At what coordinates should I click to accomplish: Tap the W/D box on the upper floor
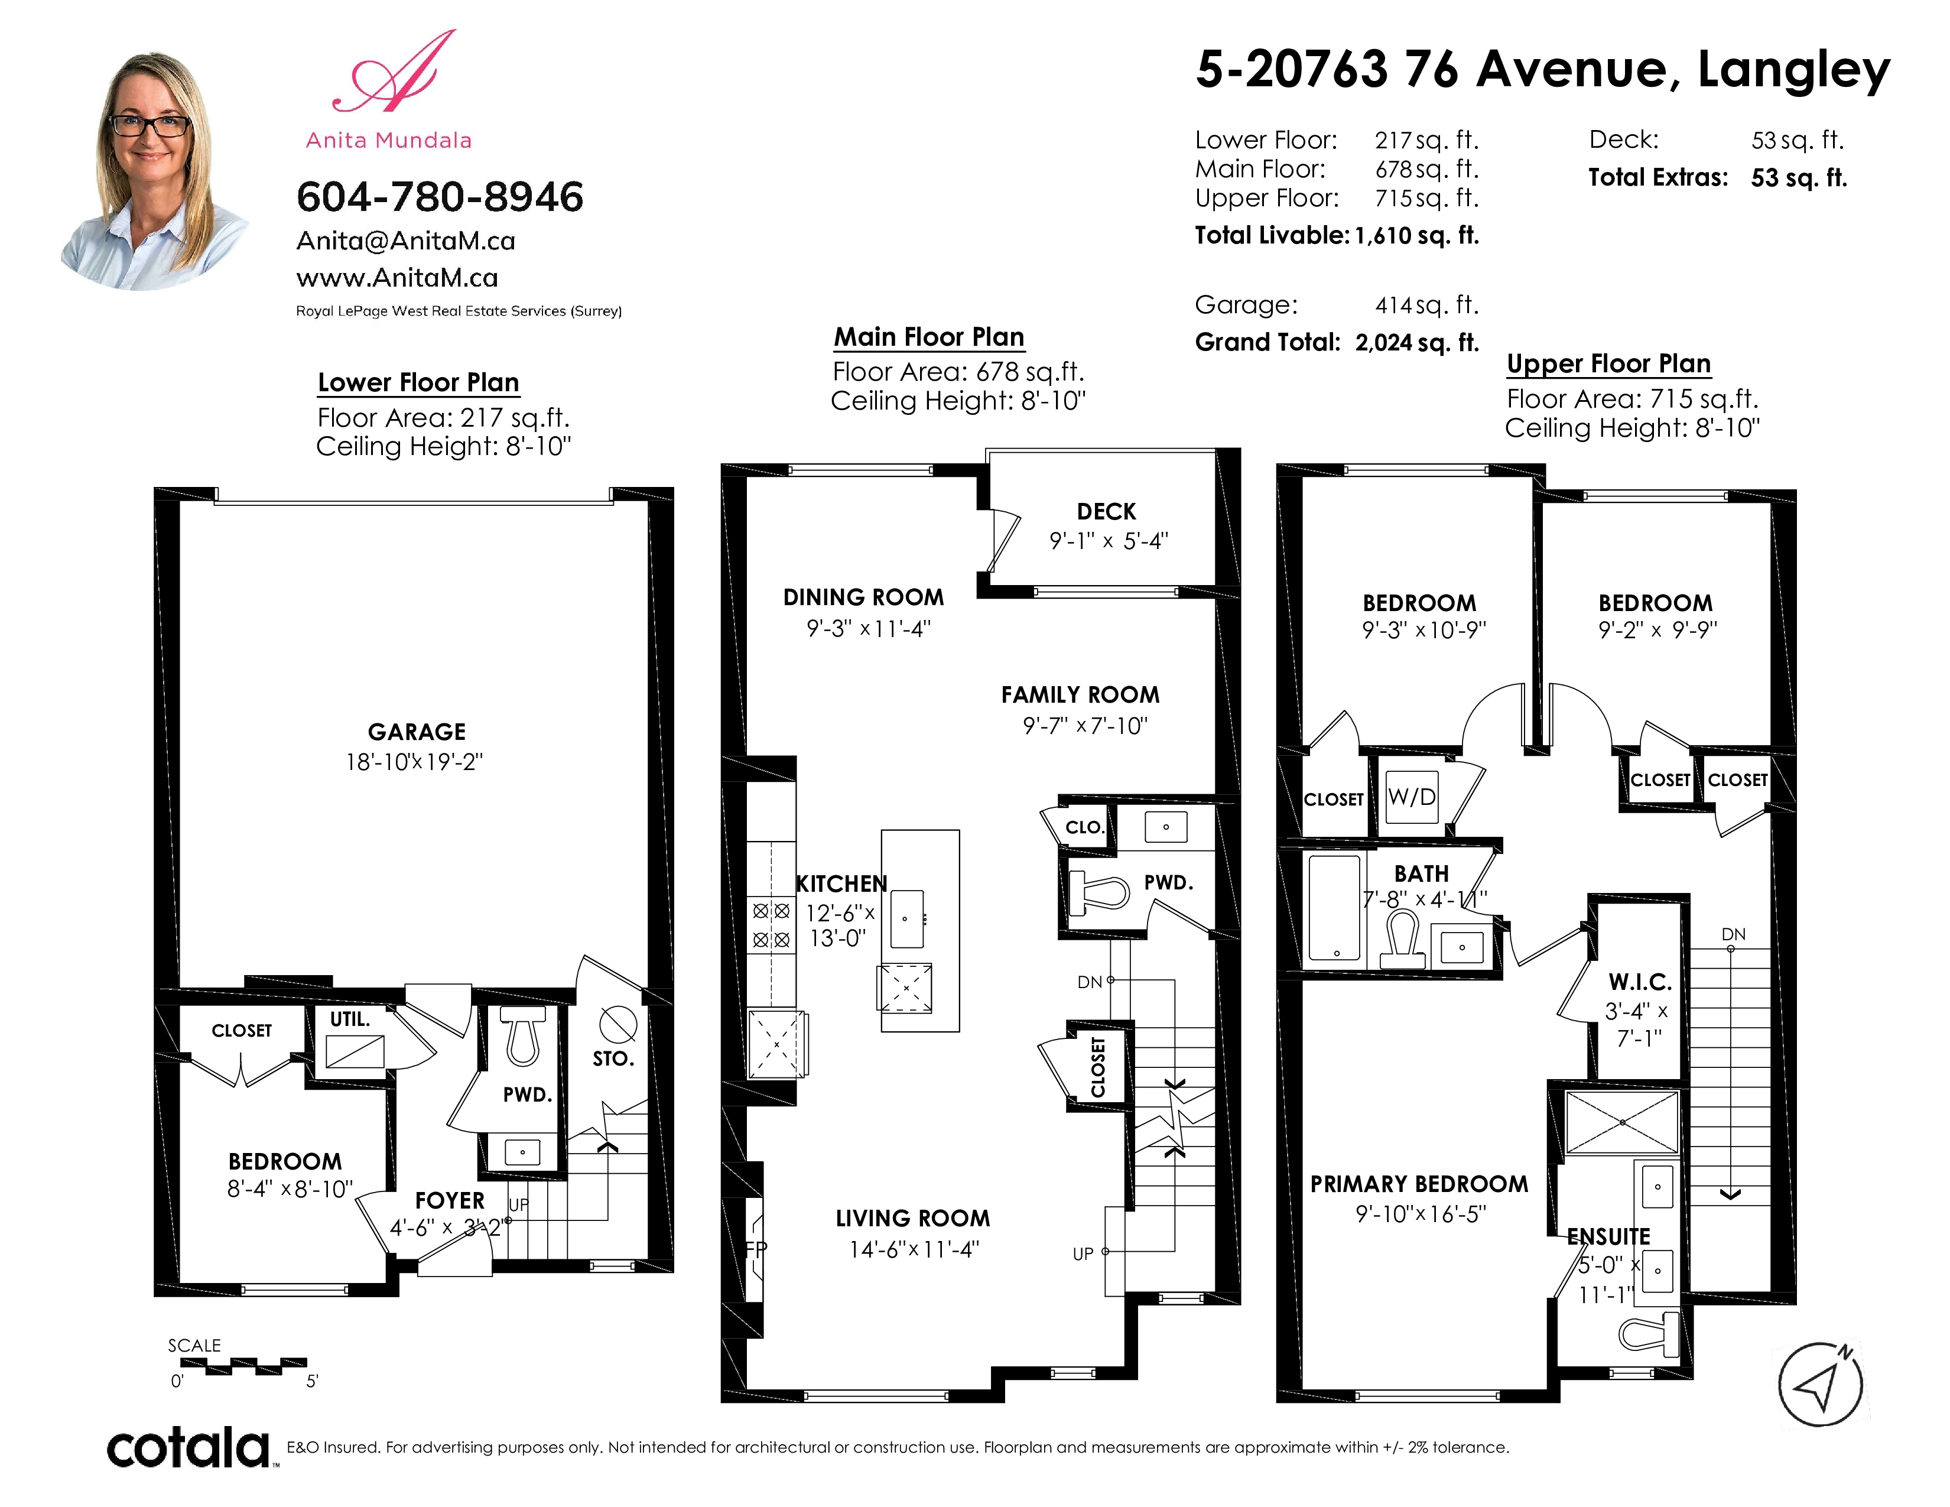pyautogui.click(x=1412, y=797)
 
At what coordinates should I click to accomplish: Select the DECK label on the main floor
pyautogui.click(x=1106, y=512)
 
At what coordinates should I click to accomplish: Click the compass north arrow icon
pyautogui.click(x=1821, y=1385)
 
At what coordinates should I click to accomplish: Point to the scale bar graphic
pyautogui.click(x=243, y=1366)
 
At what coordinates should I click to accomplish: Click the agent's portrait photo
pyautogui.click(x=152, y=170)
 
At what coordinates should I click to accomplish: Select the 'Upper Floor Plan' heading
pyautogui.click(x=1609, y=363)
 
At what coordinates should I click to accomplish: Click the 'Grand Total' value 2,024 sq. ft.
pyautogui.click(x=1417, y=343)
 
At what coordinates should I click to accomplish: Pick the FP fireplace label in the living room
pyautogui.click(x=755, y=1249)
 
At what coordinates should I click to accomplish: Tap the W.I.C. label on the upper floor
pyautogui.click(x=1640, y=982)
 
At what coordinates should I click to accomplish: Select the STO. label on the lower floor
pyautogui.click(x=613, y=1059)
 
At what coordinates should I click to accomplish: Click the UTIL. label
pyautogui.click(x=350, y=1019)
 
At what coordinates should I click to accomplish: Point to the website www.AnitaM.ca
pyautogui.click(x=397, y=278)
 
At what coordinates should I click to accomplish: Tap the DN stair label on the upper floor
pyautogui.click(x=1733, y=935)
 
